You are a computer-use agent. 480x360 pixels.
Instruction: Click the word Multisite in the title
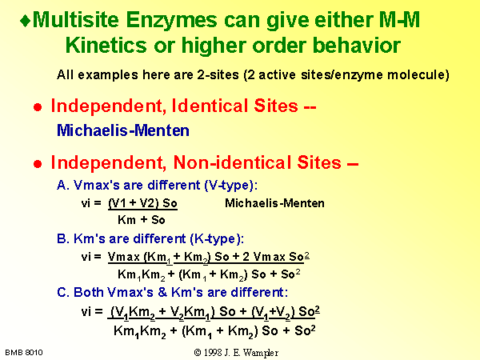[76, 20]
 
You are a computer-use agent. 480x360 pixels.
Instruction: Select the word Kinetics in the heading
[106, 46]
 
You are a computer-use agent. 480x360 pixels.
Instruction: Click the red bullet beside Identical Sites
[38, 107]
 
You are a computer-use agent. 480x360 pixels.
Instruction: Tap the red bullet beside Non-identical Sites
[38, 164]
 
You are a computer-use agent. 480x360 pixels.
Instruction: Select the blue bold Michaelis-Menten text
[123, 130]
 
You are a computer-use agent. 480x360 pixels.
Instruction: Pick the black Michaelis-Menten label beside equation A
[274, 203]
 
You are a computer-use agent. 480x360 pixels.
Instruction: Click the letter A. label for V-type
[63, 186]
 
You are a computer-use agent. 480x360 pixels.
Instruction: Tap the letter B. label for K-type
[63, 238]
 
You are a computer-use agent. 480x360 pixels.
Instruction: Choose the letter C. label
[64, 292]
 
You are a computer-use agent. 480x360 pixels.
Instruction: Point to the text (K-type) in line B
[217, 239]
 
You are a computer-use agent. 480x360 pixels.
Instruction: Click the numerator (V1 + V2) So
[142, 203]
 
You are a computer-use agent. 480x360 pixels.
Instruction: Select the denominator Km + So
[142, 220]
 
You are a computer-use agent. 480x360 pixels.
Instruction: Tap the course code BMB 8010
[24, 353]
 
